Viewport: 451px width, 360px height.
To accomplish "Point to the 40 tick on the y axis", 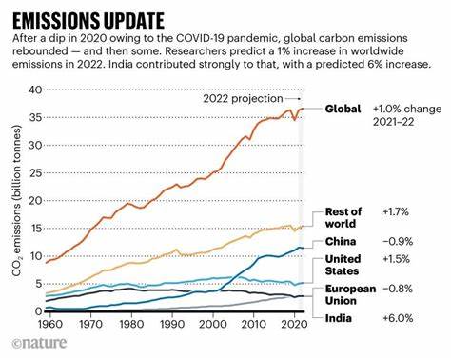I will tap(37, 90).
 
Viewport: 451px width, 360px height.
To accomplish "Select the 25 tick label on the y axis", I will tap(37, 172).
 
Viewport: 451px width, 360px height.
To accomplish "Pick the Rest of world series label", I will tap(343, 217).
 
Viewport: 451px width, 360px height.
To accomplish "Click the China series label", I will tap(341, 242).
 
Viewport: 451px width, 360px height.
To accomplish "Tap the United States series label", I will tap(343, 266).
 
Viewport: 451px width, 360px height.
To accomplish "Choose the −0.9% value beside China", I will tap(396, 242).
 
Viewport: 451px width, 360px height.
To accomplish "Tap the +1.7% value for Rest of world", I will tap(395, 211).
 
